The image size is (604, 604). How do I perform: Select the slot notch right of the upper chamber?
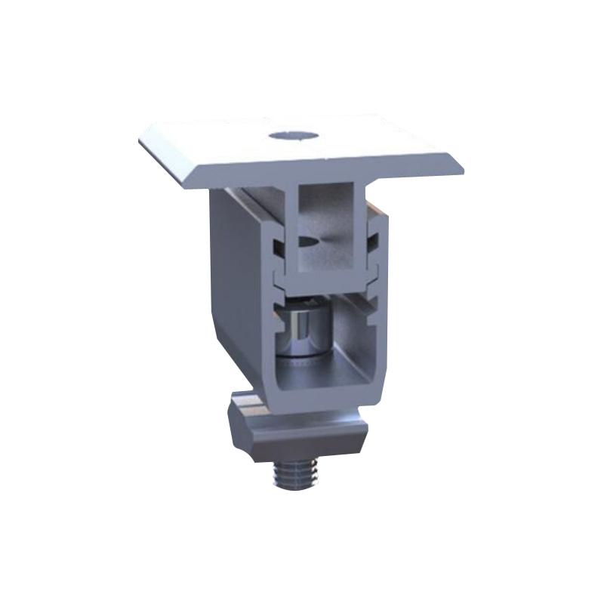(371, 240)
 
